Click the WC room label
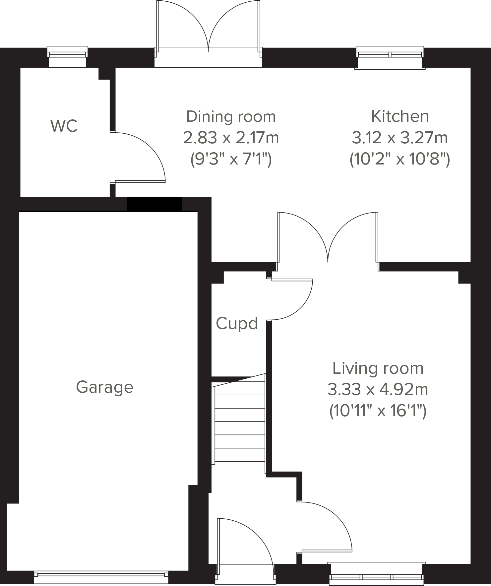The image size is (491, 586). [x=64, y=126]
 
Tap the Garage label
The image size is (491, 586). [x=104, y=387]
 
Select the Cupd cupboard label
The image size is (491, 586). [x=237, y=323]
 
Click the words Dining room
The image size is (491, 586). [x=231, y=116]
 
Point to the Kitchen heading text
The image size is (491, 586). [x=400, y=116]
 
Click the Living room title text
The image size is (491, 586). [x=378, y=368]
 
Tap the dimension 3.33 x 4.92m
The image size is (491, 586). [x=378, y=389]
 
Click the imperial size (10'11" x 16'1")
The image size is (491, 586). [x=378, y=411]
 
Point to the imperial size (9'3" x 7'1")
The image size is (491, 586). [x=231, y=160]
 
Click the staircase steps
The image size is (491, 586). [x=240, y=421]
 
